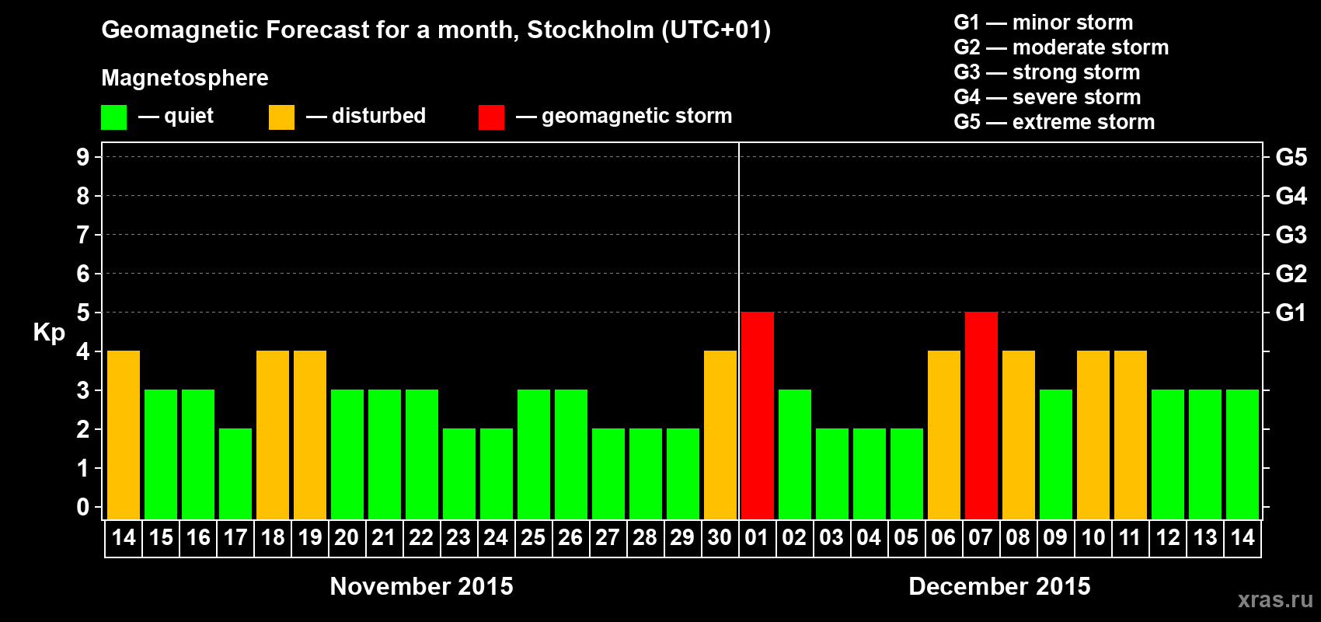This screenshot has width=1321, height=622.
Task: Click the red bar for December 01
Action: pyautogui.click(x=757, y=415)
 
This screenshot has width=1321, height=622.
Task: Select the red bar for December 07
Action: pyautogui.click(x=981, y=415)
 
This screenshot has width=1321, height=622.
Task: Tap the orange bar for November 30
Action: pyautogui.click(x=720, y=435)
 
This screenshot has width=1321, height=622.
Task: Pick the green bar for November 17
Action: pyautogui.click(x=235, y=473)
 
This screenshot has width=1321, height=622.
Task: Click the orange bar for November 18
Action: pyautogui.click(x=272, y=435)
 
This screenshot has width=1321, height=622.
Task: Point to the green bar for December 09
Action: pyautogui.click(x=1055, y=454)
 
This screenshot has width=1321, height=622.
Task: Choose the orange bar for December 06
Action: pyautogui.click(x=943, y=435)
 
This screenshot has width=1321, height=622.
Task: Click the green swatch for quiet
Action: pyautogui.click(x=113, y=117)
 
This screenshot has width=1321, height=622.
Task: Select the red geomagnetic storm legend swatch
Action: pyautogui.click(x=491, y=117)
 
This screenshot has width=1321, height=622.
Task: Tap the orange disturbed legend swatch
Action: pyautogui.click(x=281, y=117)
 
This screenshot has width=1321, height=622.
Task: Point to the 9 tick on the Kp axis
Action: pyautogui.click(x=83, y=157)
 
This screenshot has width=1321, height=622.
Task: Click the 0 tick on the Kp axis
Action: pyautogui.click(x=83, y=507)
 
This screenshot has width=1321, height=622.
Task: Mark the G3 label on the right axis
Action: pyautogui.click(x=1291, y=235)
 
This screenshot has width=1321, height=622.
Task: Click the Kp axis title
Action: pyautogui.click(x=49, y=332)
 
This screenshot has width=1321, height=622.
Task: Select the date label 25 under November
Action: pyautogui.click(x=533, y=537)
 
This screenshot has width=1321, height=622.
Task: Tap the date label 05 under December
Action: pyautogui.click(x=906, y=537)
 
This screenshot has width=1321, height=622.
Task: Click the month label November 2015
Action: pyautogui.click(x=421, y=586)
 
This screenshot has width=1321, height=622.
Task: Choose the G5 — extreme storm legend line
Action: pyautogui.click(x=1054, y=122)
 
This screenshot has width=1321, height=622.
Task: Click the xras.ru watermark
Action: pyautogui.click(x=1275, y=599)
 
